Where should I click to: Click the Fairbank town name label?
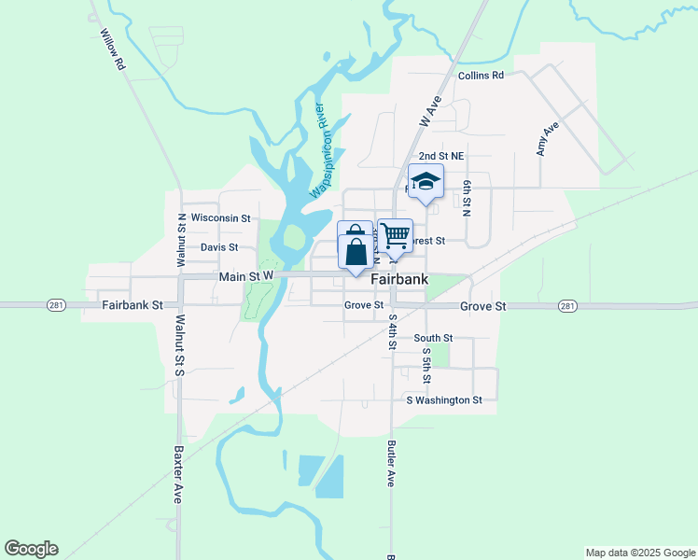point(399,279)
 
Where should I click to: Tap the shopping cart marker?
point(395,235)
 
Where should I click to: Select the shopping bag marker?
point(355,247)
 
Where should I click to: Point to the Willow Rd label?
point(111,49)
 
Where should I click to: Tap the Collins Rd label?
point(481,76)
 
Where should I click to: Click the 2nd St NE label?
point(440,156)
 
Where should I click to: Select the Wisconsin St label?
point(220,217)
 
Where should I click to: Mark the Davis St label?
point(219,247)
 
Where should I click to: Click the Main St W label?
point(245,276)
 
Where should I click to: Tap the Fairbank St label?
point(133,305)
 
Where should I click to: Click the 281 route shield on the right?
point(567,305)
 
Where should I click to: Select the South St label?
point(433,338)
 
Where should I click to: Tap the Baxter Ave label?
point(177,474)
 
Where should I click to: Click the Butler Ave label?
point(392,464)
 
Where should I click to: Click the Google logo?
point(31,549)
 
